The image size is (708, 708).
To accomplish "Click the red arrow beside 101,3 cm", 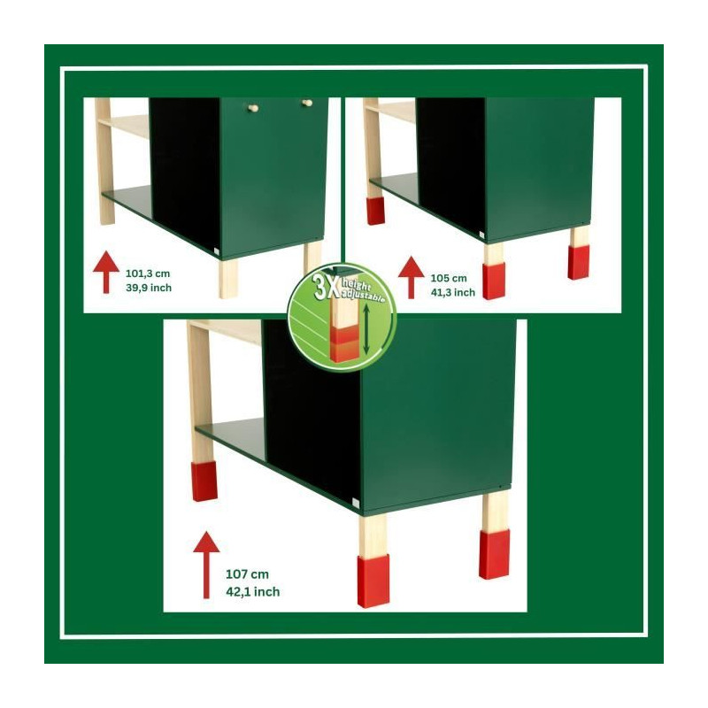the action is pyautogui.click(x=106, y=272).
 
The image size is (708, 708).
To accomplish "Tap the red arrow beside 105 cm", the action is pyautogui.click(x=411, y=277).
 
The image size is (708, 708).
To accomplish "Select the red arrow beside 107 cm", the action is pyautogui.click(x=206, y=565).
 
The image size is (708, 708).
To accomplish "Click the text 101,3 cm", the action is pyautogui.click(x=148, y=273).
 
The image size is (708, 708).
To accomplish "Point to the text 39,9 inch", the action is pyautogui.click(x=149, y=288).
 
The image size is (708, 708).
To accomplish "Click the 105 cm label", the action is pyautogui.click(x=449, y=278).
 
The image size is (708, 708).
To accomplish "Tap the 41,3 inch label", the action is pyautogui.click(x=452, y=293).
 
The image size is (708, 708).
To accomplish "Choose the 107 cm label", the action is pyautogui.click(x=247, y=574).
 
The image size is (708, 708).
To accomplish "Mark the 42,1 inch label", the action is pyautogui.click(x=252, y=591).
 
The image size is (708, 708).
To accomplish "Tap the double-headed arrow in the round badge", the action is pyautogui.click(x=366, y=328).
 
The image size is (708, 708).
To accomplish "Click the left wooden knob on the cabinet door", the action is pyautogui.click(x=253, y=107).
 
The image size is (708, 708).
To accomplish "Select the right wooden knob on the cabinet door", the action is pyautogui.click(x=307, y=103).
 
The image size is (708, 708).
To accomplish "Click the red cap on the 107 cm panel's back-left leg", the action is pyautogui.click(x=204, y=481).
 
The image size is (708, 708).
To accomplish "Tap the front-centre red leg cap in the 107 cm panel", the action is pyautogui.click(x=373, y=581).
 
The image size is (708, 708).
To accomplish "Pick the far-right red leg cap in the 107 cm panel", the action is pyautogui.click(x=494, y=554).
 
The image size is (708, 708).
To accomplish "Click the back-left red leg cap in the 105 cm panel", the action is pyautogui.click(x=375, y=211).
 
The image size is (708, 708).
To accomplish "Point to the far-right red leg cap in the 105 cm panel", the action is pyautogui.click(x=579, y=262).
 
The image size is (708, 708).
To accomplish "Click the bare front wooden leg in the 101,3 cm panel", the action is pyautogui.click(x=228, y=278).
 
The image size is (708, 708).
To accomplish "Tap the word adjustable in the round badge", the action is pyautogui.click(x=364, y=295).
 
